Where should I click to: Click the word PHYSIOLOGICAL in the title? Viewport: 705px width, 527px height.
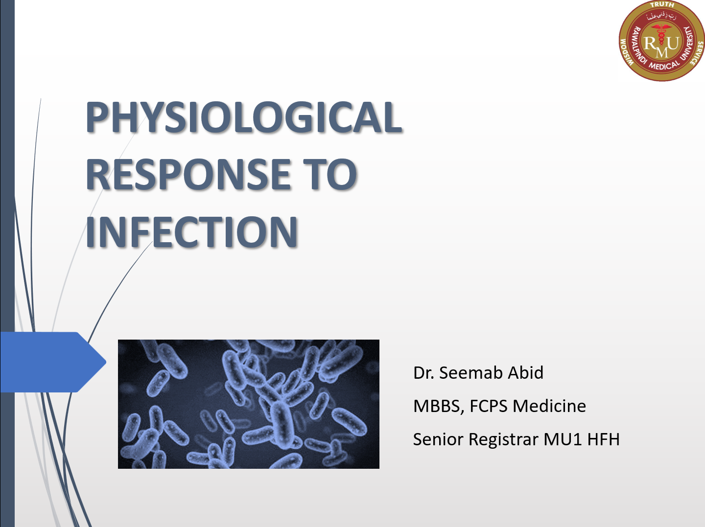coord(244,116)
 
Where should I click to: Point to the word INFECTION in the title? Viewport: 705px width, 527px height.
coord(192,232)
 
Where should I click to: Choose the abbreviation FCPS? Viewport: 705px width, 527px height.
coord(489,406)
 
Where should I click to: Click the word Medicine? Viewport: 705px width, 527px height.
coord(549,406)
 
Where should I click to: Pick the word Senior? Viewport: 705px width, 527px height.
coord(438,439)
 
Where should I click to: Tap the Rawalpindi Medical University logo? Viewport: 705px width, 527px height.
coord(661,41)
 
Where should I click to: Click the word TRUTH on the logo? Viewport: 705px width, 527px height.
coord(662,5)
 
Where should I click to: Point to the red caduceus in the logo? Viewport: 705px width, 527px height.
coord(661,35)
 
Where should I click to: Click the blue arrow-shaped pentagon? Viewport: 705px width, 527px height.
coord(53,362)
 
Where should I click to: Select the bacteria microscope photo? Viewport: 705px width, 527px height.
coord(249,404)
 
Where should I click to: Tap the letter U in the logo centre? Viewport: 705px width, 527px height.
coord(673,43)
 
